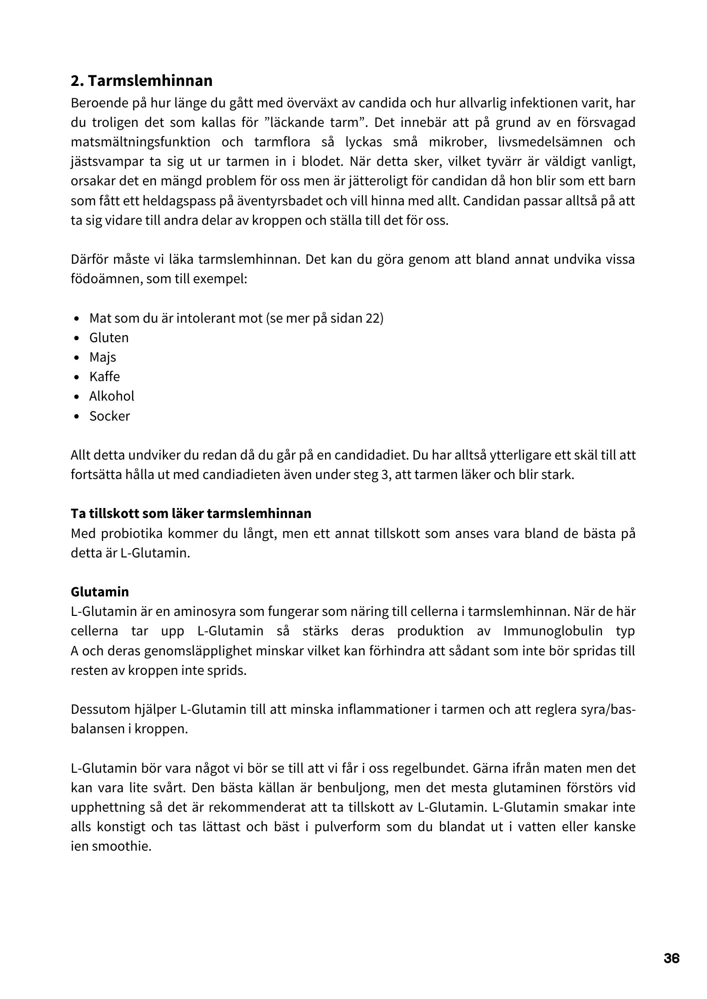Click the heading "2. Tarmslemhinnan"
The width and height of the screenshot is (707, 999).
coord(141,80)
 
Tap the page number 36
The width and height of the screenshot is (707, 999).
coord(671,959)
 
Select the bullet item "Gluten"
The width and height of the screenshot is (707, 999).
coord(109,338)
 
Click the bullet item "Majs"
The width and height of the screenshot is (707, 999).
coord(102,357)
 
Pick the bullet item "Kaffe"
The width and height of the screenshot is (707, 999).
coord(104,377)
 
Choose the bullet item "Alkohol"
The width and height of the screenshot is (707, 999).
coord(111,396)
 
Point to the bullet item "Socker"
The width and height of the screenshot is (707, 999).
coord(109,416)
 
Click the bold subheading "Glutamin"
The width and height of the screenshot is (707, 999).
coord(100,592)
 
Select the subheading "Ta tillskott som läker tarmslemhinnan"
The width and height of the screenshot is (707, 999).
coord(191,513)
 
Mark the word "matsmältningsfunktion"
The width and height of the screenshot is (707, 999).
coord(140,142)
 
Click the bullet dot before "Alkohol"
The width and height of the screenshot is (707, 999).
coord(76,397)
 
